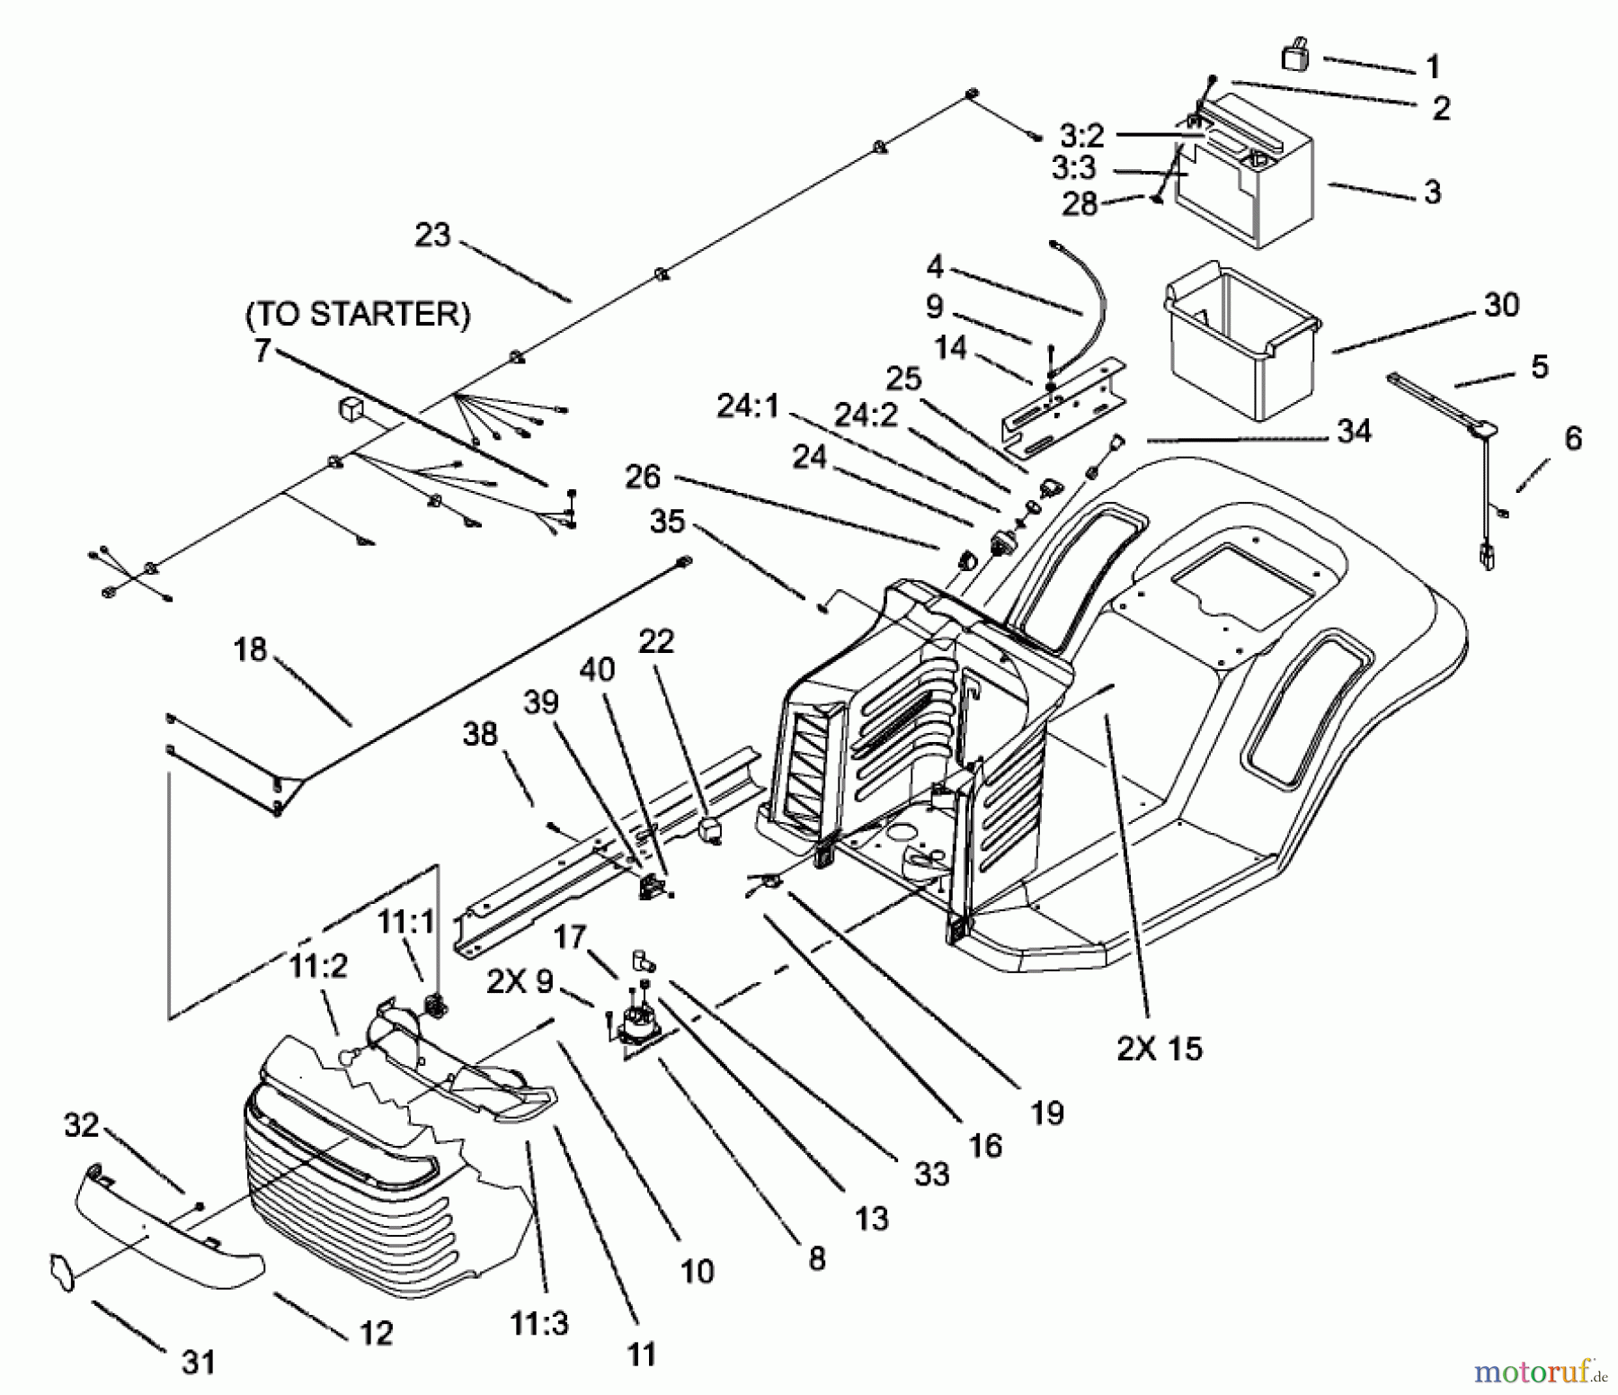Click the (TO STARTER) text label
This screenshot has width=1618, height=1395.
pos(358,314)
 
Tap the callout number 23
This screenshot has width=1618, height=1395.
pos(432,236)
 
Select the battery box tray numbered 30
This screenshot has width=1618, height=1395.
pos(1240,351)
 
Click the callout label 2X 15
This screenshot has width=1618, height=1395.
pos(1159,1048)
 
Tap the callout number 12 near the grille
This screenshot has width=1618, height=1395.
pos(376,1332)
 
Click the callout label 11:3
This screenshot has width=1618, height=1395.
pos(539,1324)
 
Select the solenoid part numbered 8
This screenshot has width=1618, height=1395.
pos(635,1024)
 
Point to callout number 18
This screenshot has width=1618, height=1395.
pos(250,649)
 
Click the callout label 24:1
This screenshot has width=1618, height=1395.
pos(748,407)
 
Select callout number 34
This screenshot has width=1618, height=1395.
pos(1354,431)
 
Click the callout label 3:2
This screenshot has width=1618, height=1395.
pos(1081,136)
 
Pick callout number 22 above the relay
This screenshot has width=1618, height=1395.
pos(656,641)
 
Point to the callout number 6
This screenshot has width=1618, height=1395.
pos(1573,438)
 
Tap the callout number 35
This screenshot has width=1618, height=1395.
pos(667,521)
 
